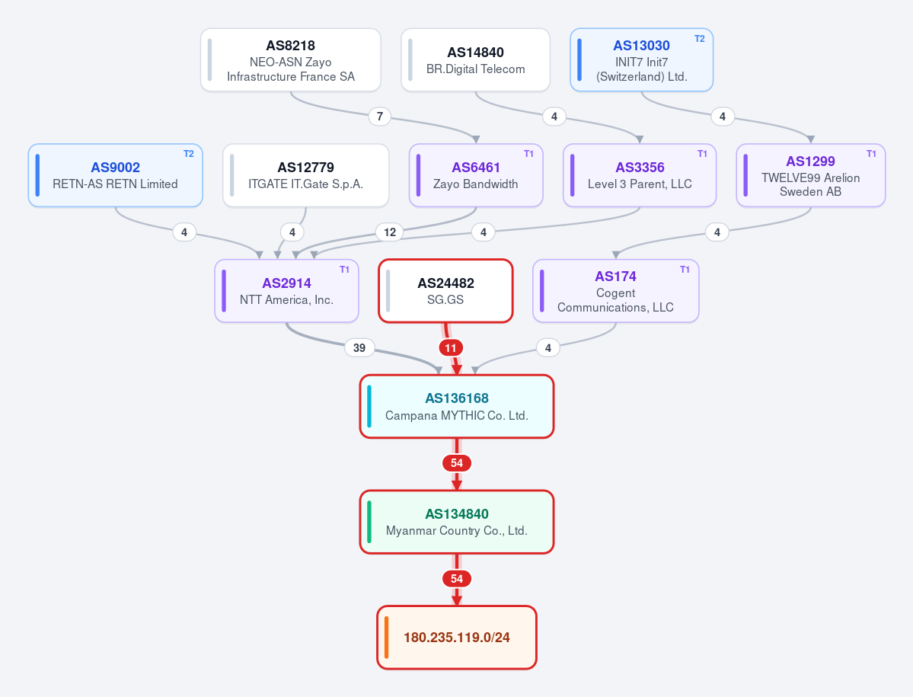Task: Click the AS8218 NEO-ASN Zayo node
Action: (x=291, y=60)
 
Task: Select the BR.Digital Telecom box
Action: (x=475, y=60)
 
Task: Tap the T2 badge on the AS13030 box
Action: (x=699, y=39)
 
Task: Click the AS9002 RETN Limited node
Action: (x=115, y=175)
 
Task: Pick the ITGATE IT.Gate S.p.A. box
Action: (x=305, y=175)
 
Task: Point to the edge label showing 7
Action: (x=380, y=117)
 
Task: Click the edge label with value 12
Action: (x=390, y=232)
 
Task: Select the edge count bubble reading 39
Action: (x=359, y=347)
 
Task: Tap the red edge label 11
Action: (x=451, y=348)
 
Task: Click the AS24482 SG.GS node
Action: (x=445, y=290)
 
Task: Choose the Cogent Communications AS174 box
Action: (x=615, y=290)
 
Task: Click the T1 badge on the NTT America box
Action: (x=345, y=270)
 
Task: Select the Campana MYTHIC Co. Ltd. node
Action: (x=457, y=407)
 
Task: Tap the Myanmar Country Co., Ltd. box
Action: (x=457, y=522)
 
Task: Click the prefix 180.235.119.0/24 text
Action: (x=457, y=638)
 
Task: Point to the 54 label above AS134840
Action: (x=457, y=463)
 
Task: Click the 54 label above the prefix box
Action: (x=457, y=579)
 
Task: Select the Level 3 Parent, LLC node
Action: (x=640, y=175)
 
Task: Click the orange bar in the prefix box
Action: (x=387, y=638)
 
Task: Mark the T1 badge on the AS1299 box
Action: (x=871, y=154)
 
